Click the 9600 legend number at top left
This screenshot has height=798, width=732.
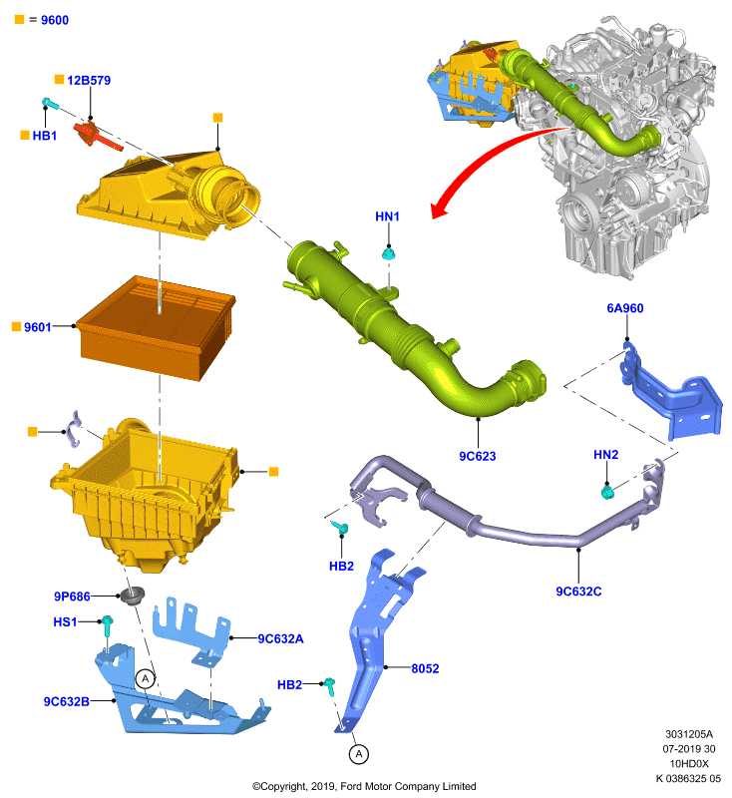click(55, 20)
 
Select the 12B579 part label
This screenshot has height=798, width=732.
click(89, 81)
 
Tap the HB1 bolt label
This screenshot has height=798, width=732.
click(44, 136)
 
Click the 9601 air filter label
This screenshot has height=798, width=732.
click(38, 327)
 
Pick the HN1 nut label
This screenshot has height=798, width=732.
click(387, 216)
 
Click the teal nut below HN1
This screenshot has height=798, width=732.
click(389, 253)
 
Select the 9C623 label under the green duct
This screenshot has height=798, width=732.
click(477, 456)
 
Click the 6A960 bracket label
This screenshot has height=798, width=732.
click(625, 308)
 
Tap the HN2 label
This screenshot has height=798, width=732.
click(606, 455)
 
